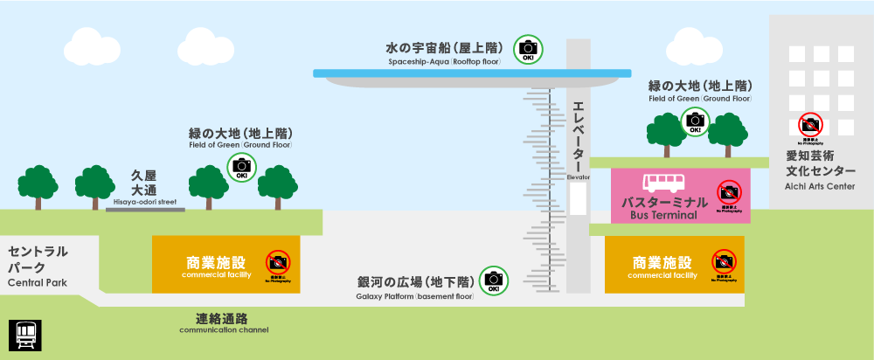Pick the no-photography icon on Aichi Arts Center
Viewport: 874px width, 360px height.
(810, 125)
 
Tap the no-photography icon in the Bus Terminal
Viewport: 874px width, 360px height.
(728, 192)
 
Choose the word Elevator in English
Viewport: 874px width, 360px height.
(579, 177)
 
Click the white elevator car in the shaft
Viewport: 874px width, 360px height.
(579, 199)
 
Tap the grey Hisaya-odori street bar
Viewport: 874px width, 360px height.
(145, 210)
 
